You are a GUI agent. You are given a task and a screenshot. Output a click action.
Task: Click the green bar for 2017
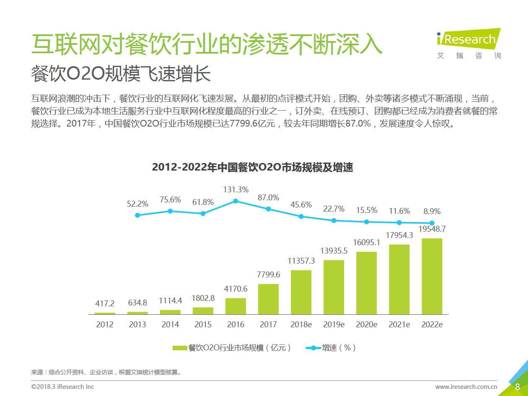[268, 299]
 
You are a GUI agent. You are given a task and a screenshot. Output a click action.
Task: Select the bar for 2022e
[432, 277]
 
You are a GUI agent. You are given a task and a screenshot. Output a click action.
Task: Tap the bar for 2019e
[334, 287]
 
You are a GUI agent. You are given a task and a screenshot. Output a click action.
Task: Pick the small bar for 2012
[105, 313]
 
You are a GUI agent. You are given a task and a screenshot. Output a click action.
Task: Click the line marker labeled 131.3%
[236, 201]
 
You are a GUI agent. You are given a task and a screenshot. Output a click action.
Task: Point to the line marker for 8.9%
[432, 223]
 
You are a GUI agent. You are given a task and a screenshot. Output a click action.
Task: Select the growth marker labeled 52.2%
[137, 215]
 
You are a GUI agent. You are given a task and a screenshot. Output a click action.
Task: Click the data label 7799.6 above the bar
[268, 275]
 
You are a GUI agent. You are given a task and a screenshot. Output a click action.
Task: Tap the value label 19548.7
[432, 229]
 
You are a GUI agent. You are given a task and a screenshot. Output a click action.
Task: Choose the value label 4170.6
[236, 289]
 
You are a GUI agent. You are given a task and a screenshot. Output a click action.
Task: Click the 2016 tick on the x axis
[236, 324]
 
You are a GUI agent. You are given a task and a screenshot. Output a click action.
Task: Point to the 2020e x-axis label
[366, 324]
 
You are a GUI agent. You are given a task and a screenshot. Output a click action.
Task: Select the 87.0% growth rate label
[268, 197]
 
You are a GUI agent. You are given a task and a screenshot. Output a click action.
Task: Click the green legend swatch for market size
[180, 348]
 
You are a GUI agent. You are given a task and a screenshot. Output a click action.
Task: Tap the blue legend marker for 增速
[313, 348]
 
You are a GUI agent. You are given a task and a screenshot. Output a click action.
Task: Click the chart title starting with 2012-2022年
[252, 168]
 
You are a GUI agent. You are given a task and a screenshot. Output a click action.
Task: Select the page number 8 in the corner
[518, 387]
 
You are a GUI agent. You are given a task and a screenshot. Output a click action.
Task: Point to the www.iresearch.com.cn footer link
[466, 387]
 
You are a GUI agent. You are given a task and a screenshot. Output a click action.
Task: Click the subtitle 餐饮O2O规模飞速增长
[121, 75]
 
